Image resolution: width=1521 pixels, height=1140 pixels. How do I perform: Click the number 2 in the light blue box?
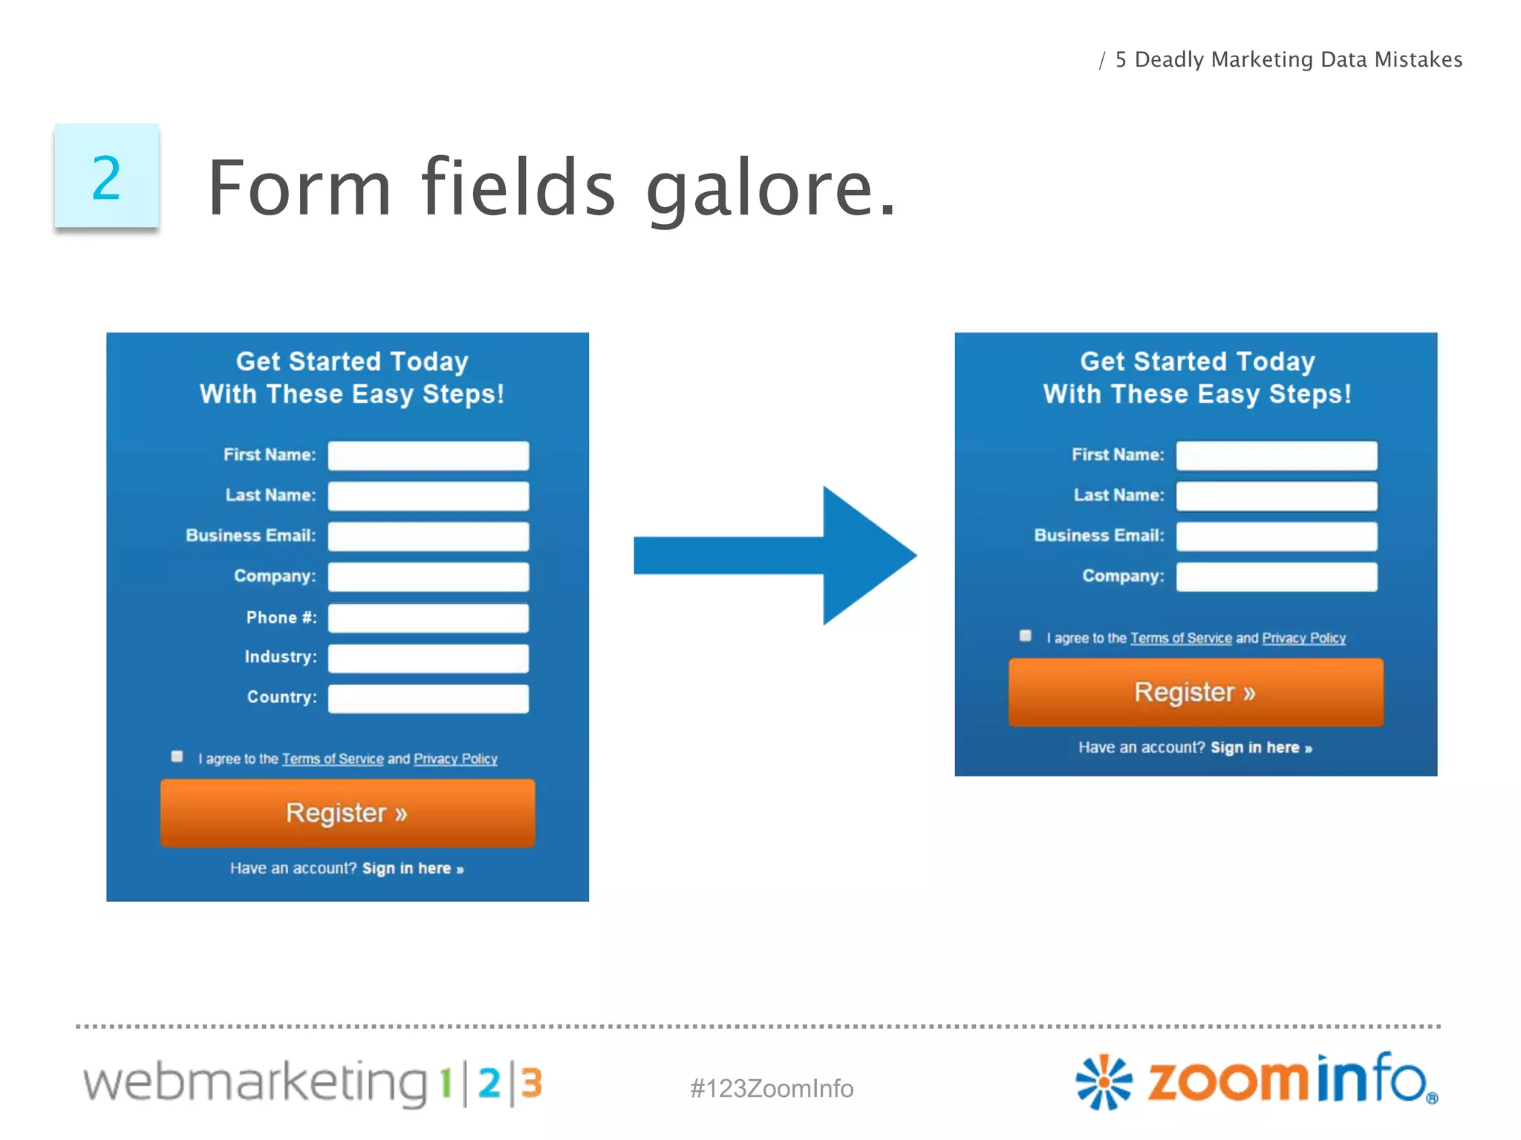(106, 177)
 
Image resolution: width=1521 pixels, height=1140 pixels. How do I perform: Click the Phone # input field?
(429, 617)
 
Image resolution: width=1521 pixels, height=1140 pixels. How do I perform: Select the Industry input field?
(429, 658)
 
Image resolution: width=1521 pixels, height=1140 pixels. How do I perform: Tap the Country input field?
(429, 698)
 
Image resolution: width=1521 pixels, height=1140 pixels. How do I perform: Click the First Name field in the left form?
(429, 455)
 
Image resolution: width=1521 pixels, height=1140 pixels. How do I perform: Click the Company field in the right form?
(1276, 577)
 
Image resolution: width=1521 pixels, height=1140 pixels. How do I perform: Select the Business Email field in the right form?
(1276, 536)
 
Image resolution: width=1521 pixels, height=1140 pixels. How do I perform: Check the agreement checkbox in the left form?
(177, 756)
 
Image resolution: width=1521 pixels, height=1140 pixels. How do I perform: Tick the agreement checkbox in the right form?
(1026, 635)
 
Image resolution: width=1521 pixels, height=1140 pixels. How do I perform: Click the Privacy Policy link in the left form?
(455, 759)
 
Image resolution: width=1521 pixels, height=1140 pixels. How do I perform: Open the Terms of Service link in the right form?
(1181, 638)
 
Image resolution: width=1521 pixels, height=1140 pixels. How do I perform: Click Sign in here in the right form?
(1261, 747)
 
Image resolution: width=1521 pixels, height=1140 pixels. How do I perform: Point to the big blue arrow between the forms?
(776, 555)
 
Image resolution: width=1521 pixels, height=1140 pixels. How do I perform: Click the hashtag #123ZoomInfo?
(772, 1088)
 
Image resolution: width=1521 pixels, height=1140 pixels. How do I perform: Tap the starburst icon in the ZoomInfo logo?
(1104, 1081)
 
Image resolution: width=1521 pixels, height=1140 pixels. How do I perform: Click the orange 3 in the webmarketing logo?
(532, 1083)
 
